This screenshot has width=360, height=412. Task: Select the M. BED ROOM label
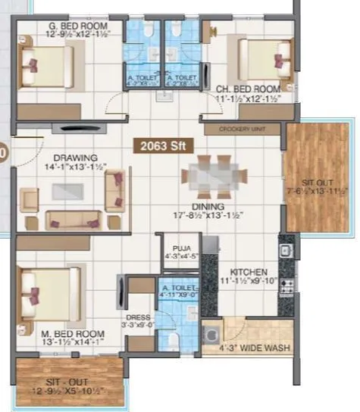[x=58, y=333]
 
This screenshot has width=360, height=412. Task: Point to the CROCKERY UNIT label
[x=242, y=130]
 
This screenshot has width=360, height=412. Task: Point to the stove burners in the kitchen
[x=286, y=286]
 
